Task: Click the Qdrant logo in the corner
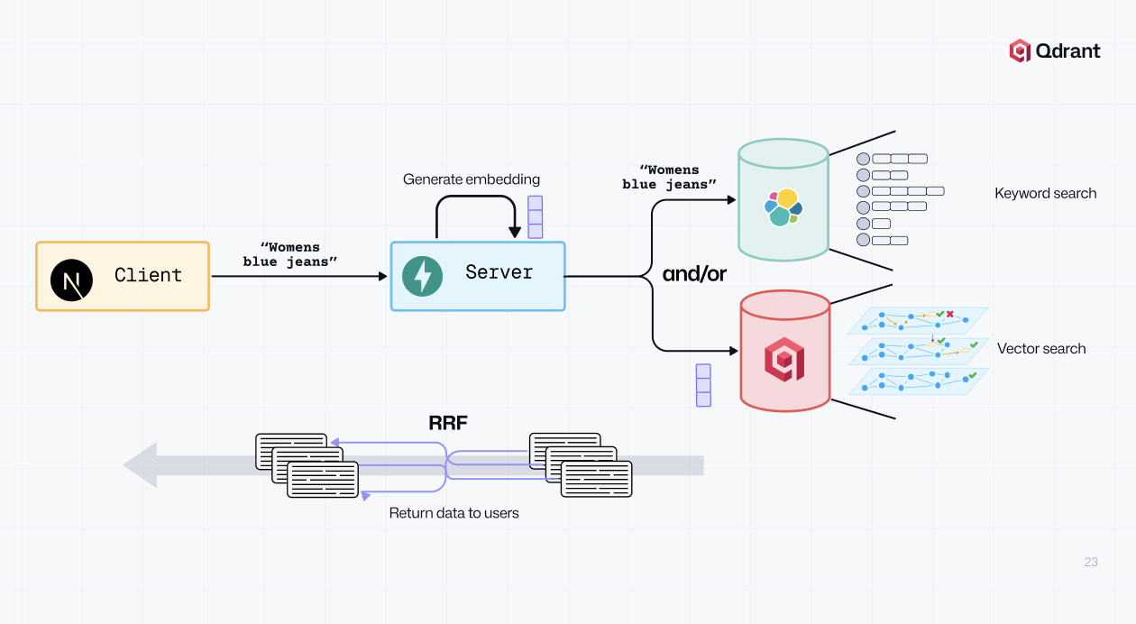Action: pos(1054,50)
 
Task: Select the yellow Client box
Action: pos(123,276)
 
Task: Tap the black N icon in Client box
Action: pos(71,280)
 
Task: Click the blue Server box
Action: pos(478,276)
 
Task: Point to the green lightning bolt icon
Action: pos(422,277)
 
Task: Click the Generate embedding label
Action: pos(472,179)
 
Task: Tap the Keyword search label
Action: pos(1045,193)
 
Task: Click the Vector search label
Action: pos(1041,349)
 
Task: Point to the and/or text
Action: pos(694,274)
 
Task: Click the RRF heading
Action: pos(448,423)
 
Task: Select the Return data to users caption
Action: pos(453,513)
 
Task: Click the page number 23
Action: pos(1091,562)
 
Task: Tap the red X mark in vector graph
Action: pos(950,314)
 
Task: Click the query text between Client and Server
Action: pos(289,254)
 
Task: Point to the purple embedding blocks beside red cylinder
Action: pos(703,385)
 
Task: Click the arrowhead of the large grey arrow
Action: pos(141,465)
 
